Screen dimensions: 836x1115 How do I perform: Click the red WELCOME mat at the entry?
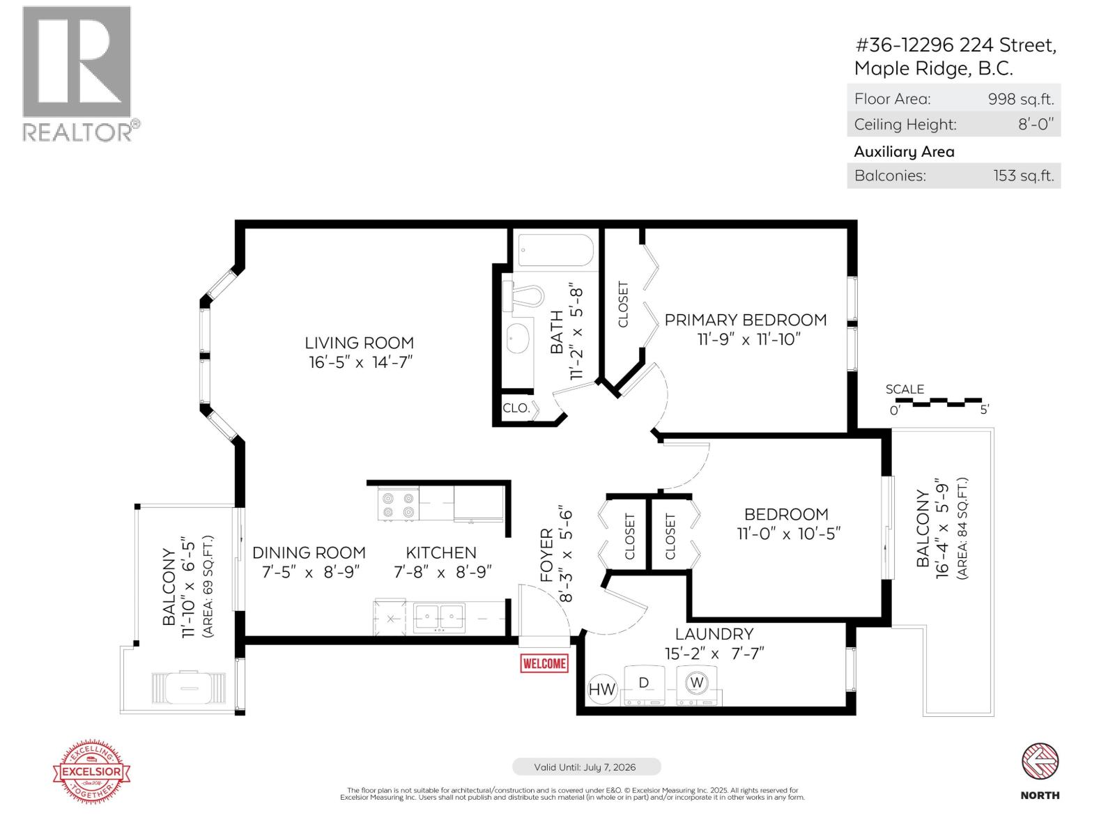point(544,663)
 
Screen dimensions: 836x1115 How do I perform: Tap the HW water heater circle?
point(602,689)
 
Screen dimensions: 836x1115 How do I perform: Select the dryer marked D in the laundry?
point(645,686)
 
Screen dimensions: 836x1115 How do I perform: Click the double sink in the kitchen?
point(439,617)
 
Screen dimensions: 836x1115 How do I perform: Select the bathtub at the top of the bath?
point(555,249)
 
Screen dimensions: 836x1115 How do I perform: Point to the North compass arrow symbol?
point(1040,760)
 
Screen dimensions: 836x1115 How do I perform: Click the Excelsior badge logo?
point(92,772)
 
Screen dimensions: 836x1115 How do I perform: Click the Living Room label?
point(359,343)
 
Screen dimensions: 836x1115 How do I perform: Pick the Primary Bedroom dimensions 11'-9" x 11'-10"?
point(749,339)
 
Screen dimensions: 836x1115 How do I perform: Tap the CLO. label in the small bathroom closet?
point(516,408)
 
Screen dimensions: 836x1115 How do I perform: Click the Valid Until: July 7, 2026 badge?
point(586,767)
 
